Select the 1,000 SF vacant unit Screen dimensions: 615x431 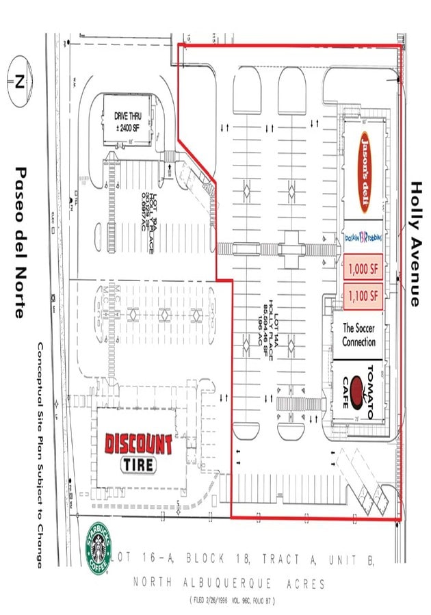coord(363,270)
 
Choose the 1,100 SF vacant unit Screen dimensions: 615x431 coord(363,296)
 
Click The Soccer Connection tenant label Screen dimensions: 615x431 coord(358,335)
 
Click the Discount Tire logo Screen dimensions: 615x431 coord(139,453)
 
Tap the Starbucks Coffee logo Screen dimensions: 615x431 coord(98,548)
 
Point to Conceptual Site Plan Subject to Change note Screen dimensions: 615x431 coord(41,454)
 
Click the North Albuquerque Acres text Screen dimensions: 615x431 coord(229,584)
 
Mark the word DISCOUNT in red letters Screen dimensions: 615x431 coord(139,444)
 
